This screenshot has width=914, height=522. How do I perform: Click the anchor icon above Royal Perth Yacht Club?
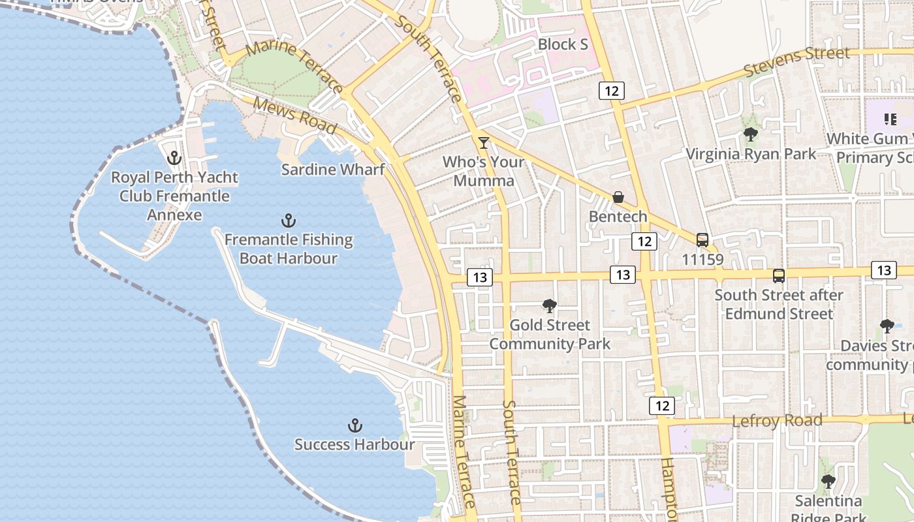click(174, 158)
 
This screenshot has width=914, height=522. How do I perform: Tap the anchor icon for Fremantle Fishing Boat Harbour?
click(288, 221)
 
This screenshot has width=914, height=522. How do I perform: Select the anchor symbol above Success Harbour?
click(355, 426)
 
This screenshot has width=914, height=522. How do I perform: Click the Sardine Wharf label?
click(332, 170)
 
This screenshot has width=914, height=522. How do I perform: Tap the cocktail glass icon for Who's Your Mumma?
click(484, 142)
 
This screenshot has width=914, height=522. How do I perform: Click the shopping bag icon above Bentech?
click(618, 197)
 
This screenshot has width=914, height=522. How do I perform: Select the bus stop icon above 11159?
click(702, 240)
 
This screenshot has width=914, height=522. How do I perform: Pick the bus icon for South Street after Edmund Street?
click(778, 276)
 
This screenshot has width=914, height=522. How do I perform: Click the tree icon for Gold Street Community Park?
click(550, 305)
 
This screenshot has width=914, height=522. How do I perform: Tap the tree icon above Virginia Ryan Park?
click(751, 135)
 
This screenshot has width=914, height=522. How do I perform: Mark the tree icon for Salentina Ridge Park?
click(828, 482)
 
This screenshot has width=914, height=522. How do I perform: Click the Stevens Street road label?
click(797, 61)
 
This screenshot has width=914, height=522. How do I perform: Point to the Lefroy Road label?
click(777, 421)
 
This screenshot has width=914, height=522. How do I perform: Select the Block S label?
click(563, 44)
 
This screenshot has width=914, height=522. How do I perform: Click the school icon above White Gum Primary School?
click(890, 119)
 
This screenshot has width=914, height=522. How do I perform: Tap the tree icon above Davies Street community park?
click(887, 326)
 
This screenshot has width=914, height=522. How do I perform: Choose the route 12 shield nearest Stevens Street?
click(612, 91)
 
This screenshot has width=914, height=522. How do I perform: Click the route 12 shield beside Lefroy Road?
click(662, 406)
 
